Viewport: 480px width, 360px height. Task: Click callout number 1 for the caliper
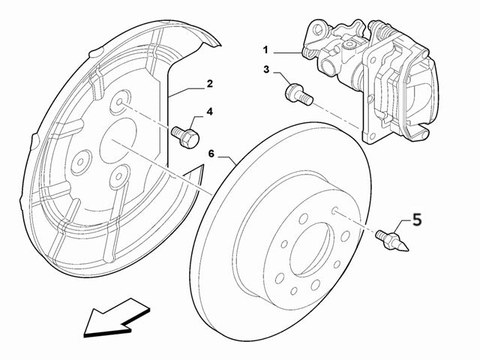click(265, 51)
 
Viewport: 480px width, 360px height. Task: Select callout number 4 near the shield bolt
click(209, 112)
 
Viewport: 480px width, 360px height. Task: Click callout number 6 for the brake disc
click(211, 153)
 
